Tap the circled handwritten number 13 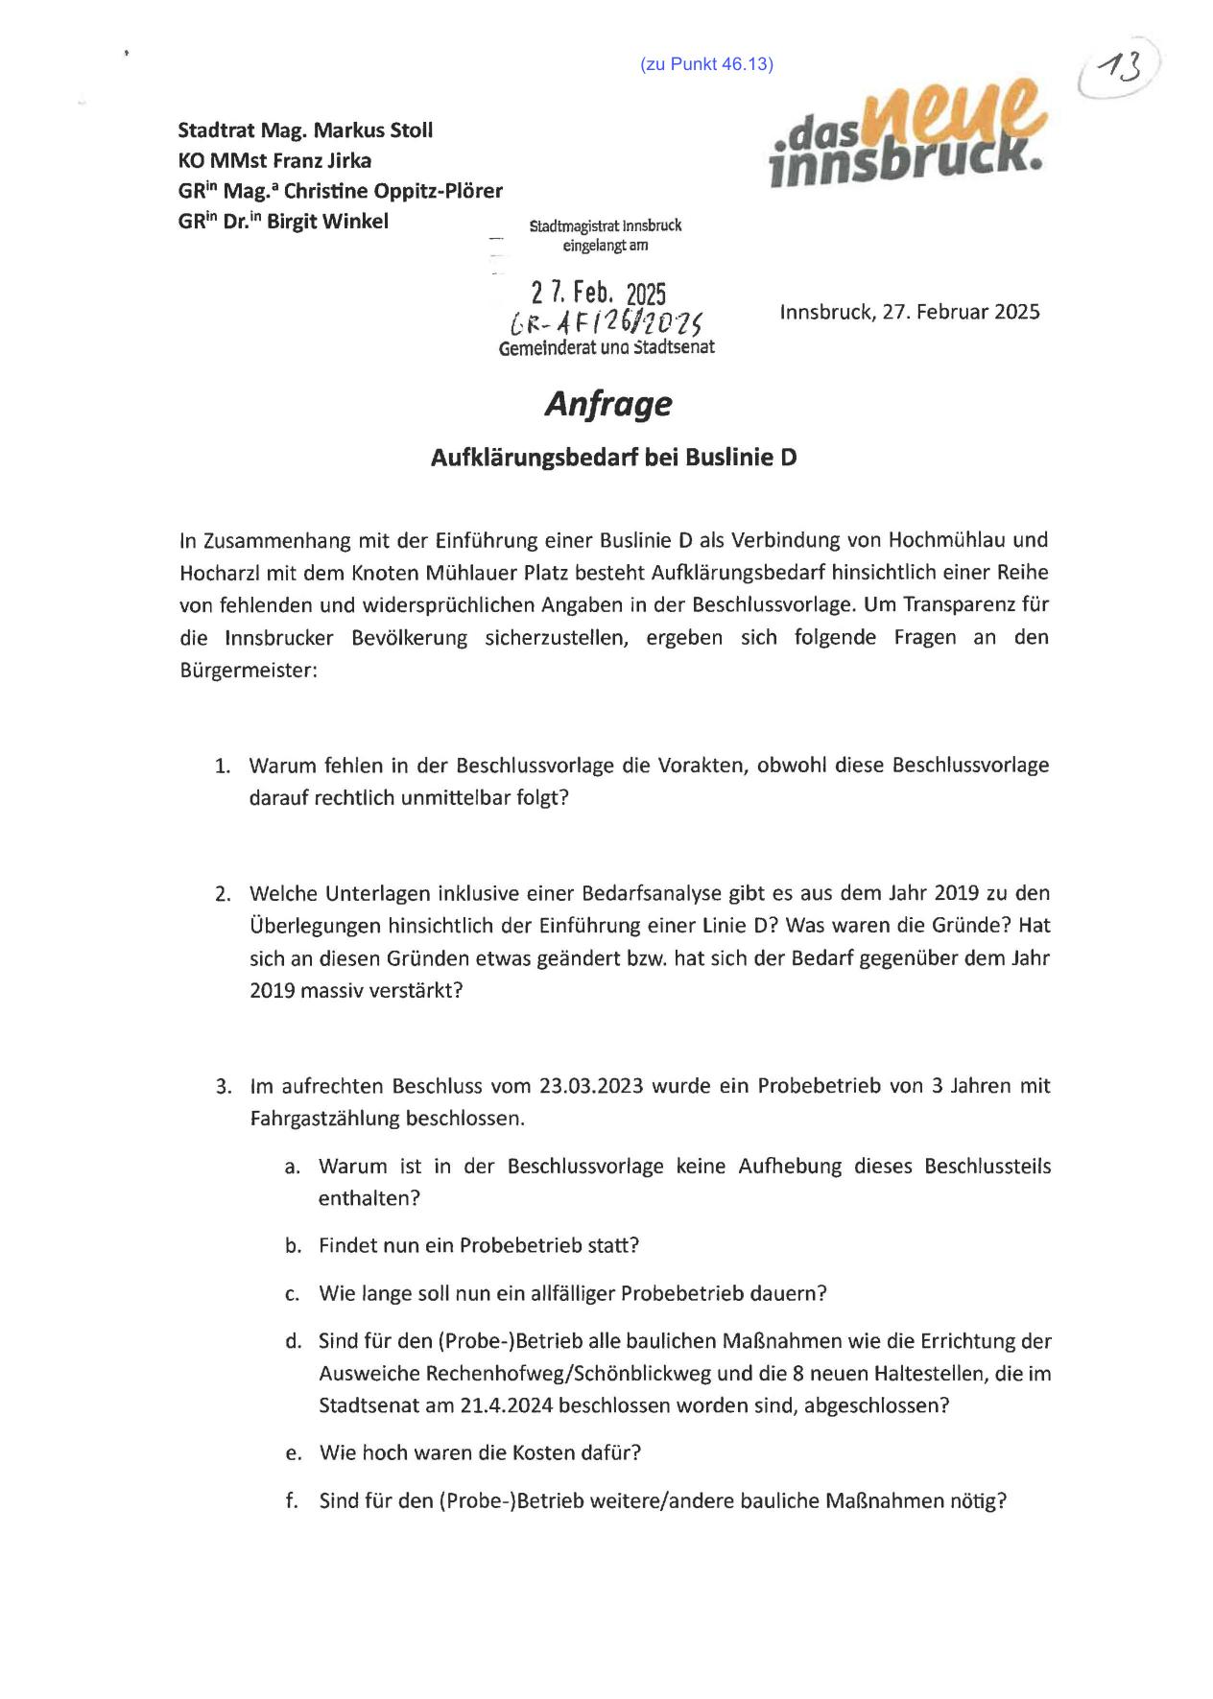(x=1118, y=69)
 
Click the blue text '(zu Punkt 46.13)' (x=706, y=64)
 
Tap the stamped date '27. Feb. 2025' (x=598, y=293)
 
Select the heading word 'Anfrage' (x=608, y=404)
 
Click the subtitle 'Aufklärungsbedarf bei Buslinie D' (x=613, y=458)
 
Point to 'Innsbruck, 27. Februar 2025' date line (x=909, y=312)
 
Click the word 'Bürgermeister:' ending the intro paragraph (x=248, y=670)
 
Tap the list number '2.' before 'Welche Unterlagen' (x=223, y=894)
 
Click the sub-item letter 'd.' (x=293, y=1341)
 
